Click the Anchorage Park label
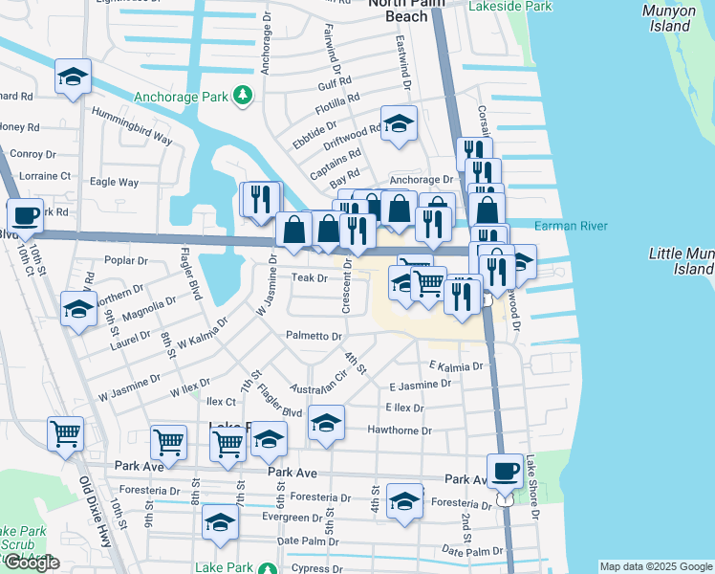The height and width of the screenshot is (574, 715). [x=181, y=97]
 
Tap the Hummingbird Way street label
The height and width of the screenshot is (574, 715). [x=132, y=125]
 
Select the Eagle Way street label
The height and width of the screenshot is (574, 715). [x=114, y=182]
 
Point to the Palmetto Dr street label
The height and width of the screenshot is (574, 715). [x=314, y=337]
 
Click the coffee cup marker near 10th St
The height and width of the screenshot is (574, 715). [x=26, y=215]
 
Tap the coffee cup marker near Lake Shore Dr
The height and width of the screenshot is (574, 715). [x=505, y=470]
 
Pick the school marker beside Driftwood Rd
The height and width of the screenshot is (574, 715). [x=399, y=123]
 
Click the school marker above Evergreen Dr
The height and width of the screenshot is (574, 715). [x=220, y=522]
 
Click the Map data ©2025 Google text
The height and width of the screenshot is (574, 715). [x=655, y=566]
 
